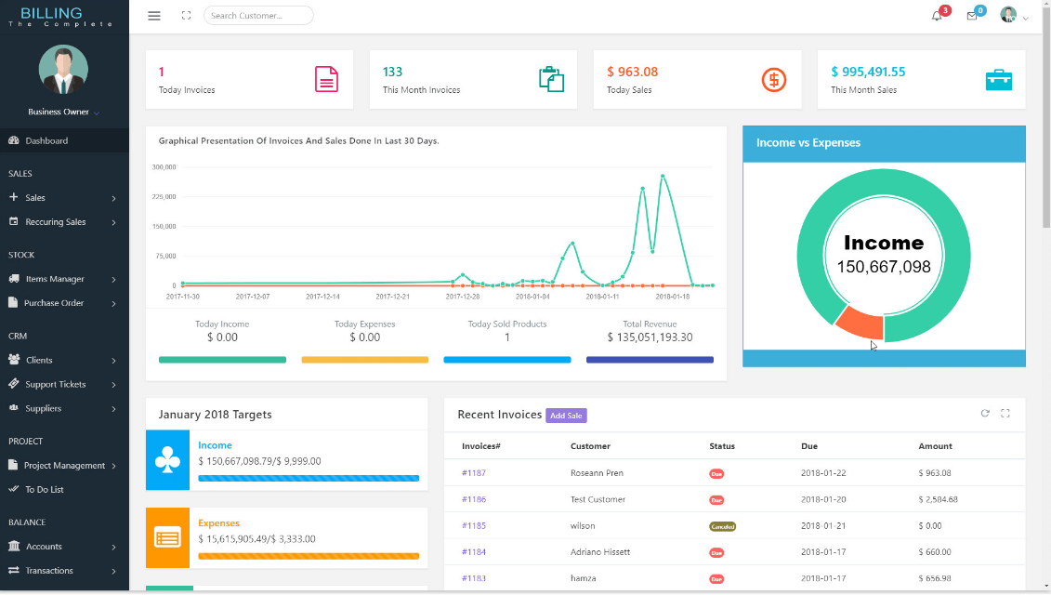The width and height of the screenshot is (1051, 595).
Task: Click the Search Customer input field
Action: click(258, 16)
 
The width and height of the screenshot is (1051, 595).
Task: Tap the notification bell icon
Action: click(937, 16)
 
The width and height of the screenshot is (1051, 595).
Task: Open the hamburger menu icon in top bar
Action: click(154, 16)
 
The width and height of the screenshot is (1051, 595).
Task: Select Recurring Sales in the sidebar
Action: click(56, 222)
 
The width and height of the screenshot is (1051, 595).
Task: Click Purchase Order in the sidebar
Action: click(54, 303)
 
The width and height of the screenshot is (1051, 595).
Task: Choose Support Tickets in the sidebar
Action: click(56, 384)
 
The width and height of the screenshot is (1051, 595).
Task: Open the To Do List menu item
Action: click(44, 489)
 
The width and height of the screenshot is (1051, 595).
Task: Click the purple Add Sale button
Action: click(566, 416)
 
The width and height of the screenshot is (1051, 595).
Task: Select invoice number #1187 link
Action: click(474, 473)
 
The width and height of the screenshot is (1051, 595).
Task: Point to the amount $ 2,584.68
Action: click(938, 499)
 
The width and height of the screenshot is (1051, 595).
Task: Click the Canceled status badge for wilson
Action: click(722, 526)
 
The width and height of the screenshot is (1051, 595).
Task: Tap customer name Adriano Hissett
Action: click(600, 552)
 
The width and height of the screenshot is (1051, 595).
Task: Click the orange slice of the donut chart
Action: click(861, 323)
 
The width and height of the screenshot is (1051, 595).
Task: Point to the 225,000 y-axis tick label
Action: click(164, 197)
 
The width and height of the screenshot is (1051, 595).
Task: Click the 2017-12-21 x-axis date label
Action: click(392, 297)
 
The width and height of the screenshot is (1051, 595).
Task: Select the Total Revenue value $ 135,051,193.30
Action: click(650, 337)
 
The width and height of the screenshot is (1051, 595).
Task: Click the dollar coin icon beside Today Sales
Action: click(774, 80)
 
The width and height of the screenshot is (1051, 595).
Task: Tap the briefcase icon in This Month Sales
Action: click(998, 80)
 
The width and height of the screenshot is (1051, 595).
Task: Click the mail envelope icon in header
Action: click(972, 16)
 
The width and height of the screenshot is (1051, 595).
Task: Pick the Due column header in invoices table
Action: click(809, 446)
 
